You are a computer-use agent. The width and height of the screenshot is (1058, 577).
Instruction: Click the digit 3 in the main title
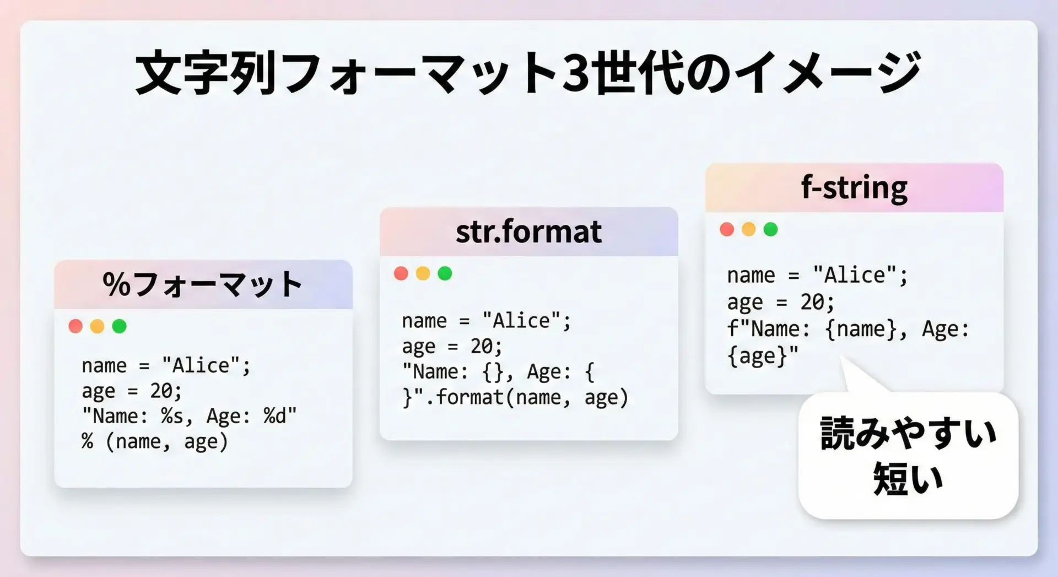(575, 73)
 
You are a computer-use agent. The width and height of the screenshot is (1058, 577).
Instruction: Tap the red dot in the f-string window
(727, 229)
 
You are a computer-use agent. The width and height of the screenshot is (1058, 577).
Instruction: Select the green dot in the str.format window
(445, 273)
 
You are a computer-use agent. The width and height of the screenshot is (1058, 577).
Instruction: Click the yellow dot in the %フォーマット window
(98, 326)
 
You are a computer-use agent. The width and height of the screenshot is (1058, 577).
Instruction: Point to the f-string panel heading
(854, 188)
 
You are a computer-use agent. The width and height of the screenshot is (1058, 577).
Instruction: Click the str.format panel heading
(528, 231)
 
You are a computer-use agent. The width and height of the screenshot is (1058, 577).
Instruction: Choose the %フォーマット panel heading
(203, 284)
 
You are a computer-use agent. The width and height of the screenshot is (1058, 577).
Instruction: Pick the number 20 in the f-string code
(813, 302)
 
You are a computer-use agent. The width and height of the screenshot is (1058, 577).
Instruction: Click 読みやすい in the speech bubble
(908, 433)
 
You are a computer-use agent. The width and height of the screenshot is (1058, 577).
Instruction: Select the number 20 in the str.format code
(482, 346)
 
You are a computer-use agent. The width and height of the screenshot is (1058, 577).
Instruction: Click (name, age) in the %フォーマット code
(166, 441)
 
